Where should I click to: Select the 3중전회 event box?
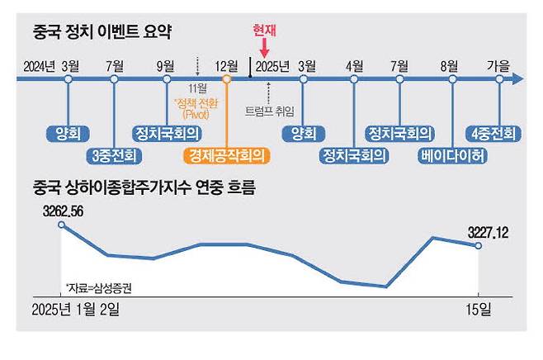click(115, 154)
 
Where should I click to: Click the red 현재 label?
click(265, 31)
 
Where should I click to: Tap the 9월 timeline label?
click(164, 65)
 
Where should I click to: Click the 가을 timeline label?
click(500, 65)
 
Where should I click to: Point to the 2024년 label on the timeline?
click(39, 65)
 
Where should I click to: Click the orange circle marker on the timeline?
click(226, 79)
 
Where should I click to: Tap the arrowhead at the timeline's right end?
click(517, 79)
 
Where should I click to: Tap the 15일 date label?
click(479, 310)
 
